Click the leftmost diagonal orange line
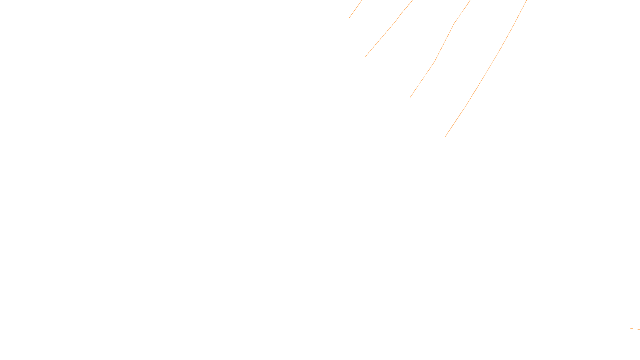pos(355,9)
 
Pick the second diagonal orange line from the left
pos(388,29)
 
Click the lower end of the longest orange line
pos(445,137)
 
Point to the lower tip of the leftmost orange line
pos(349,18)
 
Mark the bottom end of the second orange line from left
pos(365,57)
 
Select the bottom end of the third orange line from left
pos(410,97)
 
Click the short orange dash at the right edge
pos(635,329)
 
